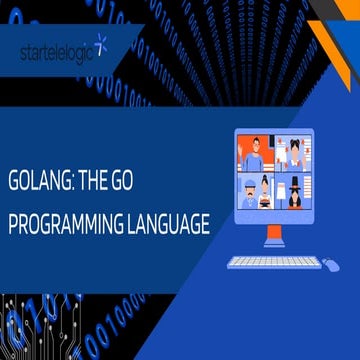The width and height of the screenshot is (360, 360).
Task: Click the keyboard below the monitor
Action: pos(271,263)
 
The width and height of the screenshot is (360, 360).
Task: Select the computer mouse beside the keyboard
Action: pos(330,263)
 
